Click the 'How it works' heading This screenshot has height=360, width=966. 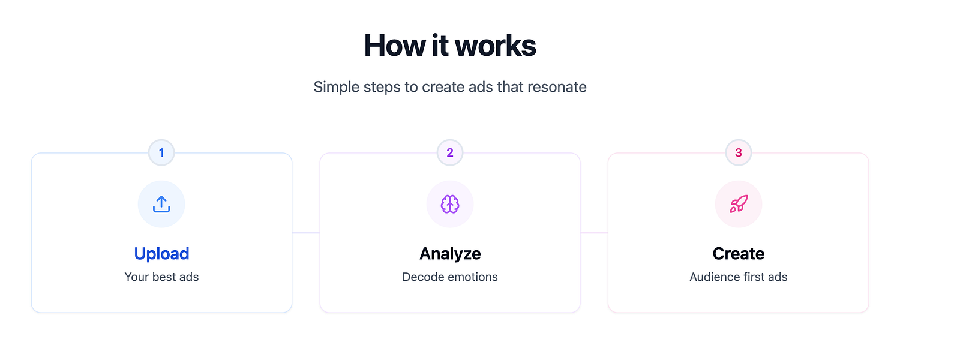[450, 45]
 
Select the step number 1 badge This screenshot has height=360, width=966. [161, 152]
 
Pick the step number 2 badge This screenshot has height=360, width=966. [450, 152]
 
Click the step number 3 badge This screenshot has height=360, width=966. [738, 152]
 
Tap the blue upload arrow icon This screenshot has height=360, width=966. [161, 204]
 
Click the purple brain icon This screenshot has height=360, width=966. [450, 204]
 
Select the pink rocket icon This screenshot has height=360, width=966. [738, 204]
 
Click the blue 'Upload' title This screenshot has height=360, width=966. [162, 254]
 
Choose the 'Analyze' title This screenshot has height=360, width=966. [450, 254]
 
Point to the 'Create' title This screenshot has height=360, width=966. [738, 254]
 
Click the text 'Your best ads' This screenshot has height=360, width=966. [162, 277]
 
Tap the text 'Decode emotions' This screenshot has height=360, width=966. [450, 277]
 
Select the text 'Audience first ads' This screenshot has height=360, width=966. [738, 277]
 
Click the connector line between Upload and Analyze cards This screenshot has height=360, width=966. [306, 233]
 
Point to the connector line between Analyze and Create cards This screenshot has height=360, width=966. [594, 233]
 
